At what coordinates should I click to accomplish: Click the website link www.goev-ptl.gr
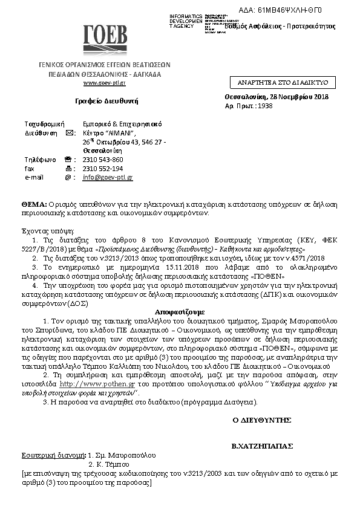(x=104, y=83)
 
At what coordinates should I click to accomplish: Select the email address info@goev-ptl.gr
(x=108, y=177)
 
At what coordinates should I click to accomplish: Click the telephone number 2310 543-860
(x=103, y=160)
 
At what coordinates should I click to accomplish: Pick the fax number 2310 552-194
(x=103, y=169)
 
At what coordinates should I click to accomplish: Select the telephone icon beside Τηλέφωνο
(x=68, y=160)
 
